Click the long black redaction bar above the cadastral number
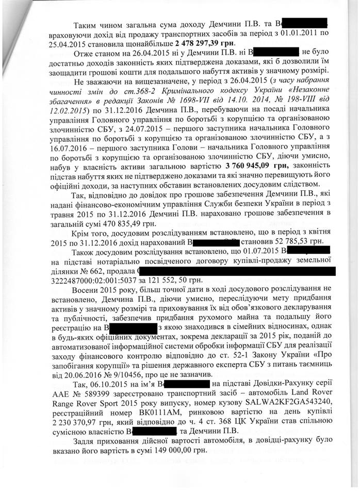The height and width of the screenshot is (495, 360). pyautogui.click(x=238, y=270)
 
